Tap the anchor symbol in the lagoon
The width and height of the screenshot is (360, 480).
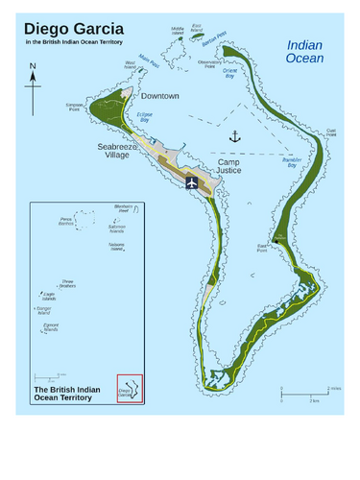pos(233,137)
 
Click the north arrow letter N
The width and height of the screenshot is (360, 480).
pos(32,67)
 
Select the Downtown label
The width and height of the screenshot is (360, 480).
pos(160,97)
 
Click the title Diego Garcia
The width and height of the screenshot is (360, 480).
pos(72,27)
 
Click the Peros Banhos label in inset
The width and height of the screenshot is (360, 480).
pos(66,222)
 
